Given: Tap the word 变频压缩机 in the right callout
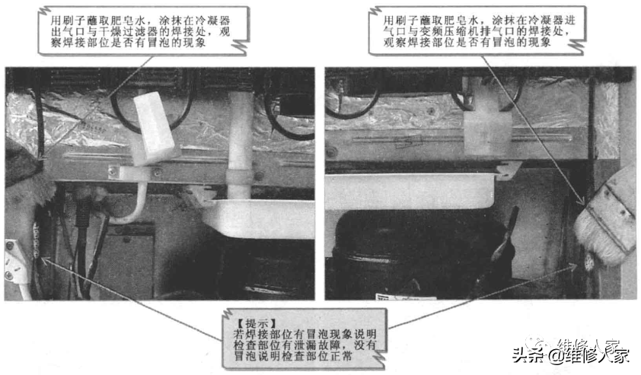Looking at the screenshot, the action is [x=451, y=31].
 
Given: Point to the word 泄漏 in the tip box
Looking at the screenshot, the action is [x=305, y=345].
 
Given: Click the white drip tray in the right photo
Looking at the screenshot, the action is [x=411, y=191].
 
